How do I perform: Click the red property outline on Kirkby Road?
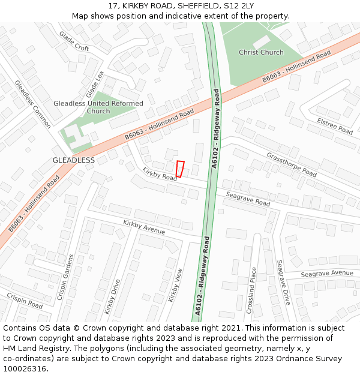(180, 169)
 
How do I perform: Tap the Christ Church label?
(261, 52)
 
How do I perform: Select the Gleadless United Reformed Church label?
(98, 107)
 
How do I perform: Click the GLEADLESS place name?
(74, 160)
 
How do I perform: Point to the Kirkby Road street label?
(160, 173)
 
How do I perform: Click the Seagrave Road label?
(248, 199)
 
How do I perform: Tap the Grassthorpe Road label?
(291, 163)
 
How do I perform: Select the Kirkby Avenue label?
(144, 227)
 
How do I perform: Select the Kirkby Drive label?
(112, 296)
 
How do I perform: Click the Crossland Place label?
(252, 292)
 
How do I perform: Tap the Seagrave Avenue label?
(327, 273)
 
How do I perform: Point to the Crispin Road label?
(25, 301)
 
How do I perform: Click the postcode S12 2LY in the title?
(238, 6)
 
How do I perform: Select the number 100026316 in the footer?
(24, 369)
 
